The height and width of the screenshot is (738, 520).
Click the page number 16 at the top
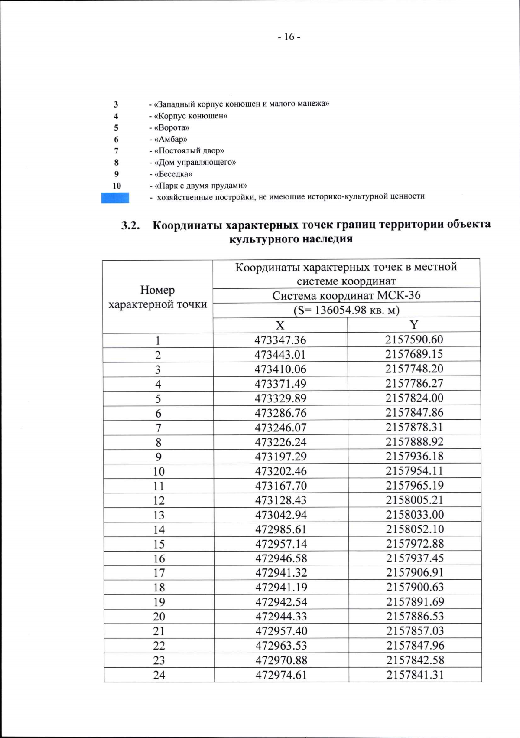(289, 37)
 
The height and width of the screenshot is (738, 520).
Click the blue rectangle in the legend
(115, 198)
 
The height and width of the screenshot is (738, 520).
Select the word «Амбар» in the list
(172, 139)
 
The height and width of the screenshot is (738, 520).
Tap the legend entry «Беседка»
(173, 174)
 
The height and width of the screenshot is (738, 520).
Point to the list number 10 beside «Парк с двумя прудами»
(117, 186)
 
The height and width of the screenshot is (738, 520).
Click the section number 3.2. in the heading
(130, 225)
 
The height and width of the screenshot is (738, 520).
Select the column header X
(280, 325)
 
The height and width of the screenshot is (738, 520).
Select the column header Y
(414, 324)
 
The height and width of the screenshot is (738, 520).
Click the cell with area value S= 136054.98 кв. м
(346, 310)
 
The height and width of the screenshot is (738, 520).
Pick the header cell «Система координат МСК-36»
(346, 295)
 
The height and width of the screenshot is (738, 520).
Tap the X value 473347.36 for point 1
(280, 340)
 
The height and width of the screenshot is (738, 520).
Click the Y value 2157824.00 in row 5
(415, 398)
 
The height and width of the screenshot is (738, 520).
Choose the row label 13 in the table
(159, 515)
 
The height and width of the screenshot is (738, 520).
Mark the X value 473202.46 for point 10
(281, 471)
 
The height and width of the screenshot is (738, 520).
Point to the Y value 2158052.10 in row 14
(415, 529)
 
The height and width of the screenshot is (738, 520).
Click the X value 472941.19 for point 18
(281, 587)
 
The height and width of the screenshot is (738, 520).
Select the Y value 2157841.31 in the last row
(415, 674)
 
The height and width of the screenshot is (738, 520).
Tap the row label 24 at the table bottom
(159, 675)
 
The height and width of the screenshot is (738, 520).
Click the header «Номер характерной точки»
(158, 297)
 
